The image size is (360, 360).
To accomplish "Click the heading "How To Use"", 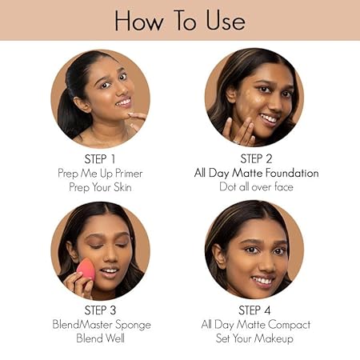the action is [x=180, y=21].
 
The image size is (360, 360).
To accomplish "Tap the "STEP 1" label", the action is [x=100, y=159].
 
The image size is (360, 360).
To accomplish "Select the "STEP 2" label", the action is [x=256, y=159].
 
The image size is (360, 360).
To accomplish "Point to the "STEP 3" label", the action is [x=100, y=310].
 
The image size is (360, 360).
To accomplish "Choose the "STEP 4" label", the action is [x=254, y=310].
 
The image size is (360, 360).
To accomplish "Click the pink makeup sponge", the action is [x=86, y=269].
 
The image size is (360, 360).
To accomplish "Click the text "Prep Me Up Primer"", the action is [x=100, y=174].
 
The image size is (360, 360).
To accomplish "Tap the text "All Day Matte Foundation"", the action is [x=256, y=173].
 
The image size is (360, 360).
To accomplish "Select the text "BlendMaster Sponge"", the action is [x=102, y=325].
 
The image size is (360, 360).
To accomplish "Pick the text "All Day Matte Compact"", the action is [x=256, y=325].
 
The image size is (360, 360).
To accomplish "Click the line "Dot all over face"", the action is [x=256, y=187].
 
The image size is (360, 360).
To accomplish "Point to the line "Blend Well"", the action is [x=100, y=338].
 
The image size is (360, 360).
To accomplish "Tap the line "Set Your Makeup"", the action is [x=254, y=338].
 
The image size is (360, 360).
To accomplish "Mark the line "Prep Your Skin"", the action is [x=100, y=187].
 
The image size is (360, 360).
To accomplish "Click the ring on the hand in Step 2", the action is [x=236, y=142].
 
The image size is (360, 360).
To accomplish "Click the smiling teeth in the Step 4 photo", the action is [x=262, y=281].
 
